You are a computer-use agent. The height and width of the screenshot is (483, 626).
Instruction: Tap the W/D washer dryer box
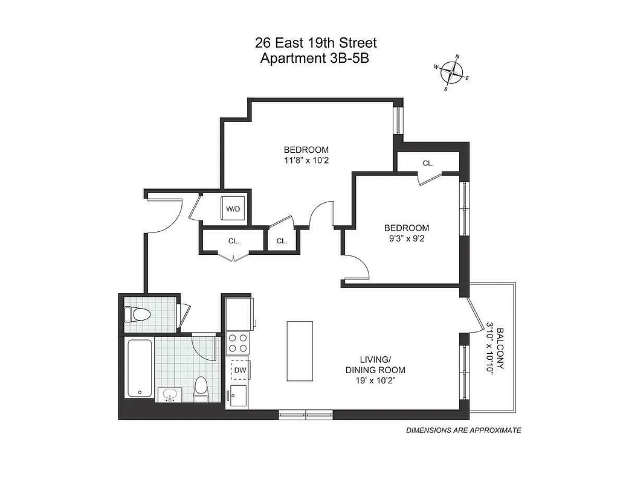(233, 209)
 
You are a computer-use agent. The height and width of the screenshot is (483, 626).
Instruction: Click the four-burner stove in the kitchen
(237, 343)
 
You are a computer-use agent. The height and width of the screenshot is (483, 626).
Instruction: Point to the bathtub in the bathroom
(140, 368)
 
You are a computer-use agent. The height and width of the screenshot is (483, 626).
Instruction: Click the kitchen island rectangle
(300, 351)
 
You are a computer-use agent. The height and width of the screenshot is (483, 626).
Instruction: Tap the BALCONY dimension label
(495, 349)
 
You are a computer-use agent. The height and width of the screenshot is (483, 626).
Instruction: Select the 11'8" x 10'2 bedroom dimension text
(306, 161)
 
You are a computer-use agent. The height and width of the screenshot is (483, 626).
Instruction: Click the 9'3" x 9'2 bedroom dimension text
(407, 238)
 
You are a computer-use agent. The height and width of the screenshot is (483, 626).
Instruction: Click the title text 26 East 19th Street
(315, 43)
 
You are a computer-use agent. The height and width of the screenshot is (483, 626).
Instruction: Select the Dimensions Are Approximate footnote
(463, 430)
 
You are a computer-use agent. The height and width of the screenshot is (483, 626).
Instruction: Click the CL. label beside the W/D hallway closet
(282, 241)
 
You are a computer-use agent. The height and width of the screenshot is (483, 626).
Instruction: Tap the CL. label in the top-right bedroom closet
(428, 163)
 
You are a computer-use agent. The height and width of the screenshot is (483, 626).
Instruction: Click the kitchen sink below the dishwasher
(237, 395)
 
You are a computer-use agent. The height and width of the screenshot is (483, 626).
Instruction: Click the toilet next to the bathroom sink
(201, 389)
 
